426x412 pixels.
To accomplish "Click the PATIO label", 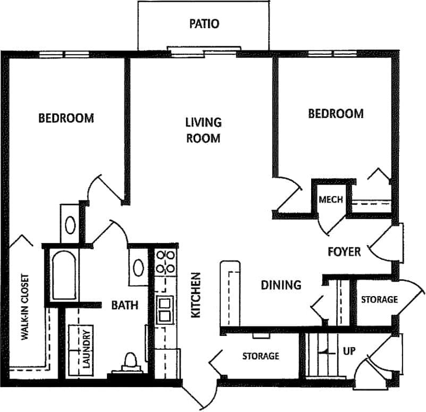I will coord(204,24).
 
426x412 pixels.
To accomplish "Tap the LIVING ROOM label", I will coord(203,130).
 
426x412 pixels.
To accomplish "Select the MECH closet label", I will coord(330,200).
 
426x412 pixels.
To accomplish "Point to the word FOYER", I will coord(344,251).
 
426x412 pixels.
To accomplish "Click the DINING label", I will coord(281,285).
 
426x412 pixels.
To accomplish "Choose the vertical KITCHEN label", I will coord(196,295).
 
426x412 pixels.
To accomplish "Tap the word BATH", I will coord(124,305).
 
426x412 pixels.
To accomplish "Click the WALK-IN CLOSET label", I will coord(24,307).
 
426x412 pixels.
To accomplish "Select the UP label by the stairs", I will coord(348,352).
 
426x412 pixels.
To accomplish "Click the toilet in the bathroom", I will coord(129,362).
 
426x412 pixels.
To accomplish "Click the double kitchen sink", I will coord(164,309).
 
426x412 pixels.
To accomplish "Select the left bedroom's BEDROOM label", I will coord(66,117).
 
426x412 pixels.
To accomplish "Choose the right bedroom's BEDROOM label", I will coord(336,113).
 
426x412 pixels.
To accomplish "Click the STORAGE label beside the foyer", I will coord(379,300).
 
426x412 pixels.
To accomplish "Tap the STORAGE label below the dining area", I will coord(261,356).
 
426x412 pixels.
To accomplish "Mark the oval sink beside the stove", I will coord(138,267).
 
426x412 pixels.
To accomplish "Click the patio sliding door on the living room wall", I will coord(204,51).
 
